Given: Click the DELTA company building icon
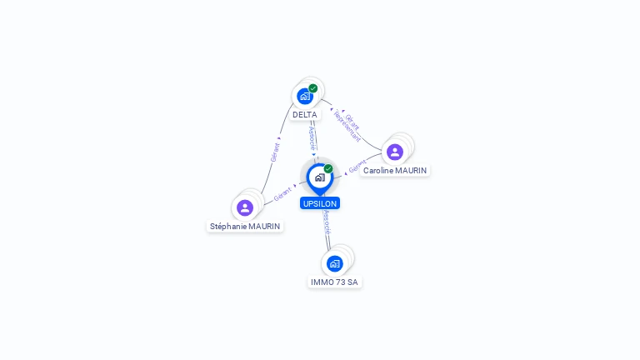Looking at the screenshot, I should point(305,96).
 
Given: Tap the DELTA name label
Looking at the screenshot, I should point(305,114).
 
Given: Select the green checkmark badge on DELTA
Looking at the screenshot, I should point(313,88).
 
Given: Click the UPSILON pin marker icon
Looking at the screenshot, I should point(319,177).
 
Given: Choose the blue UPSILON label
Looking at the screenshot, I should point(320,202).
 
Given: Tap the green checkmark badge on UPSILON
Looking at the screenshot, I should point(328,169).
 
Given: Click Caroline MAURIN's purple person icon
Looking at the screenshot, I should point(395,152).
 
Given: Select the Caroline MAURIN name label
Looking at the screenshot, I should point(395,170).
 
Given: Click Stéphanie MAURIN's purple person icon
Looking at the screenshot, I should point(245,207).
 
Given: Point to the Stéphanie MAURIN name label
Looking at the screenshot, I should point(246,226).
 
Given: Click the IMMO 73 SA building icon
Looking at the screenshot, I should point(335,263).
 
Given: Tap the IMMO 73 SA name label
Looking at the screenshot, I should point(334,282).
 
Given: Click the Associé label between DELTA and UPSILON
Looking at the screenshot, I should point(312,138).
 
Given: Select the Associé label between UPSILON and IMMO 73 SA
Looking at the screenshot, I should point(327,222).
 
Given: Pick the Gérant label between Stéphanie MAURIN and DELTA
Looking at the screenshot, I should point(274,151).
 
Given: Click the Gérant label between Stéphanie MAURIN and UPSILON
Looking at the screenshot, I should point(282,194).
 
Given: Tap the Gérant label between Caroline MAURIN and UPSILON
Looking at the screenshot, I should point(357,166).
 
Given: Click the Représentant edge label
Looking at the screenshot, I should point(347,126).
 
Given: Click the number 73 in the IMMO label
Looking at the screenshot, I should point(339,282).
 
